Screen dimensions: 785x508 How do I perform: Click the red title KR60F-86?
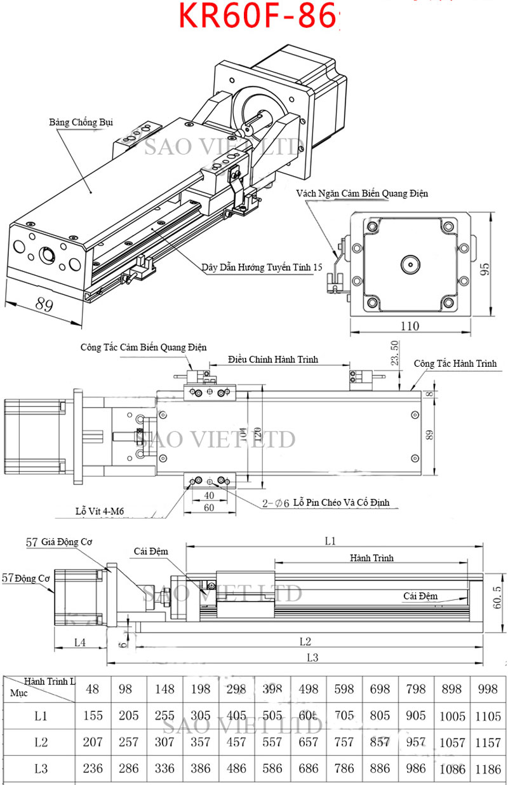(x=257, y=16)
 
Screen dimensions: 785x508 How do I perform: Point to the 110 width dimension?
(x=410, y=326)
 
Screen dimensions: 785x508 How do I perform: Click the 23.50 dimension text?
(x=394, y=353)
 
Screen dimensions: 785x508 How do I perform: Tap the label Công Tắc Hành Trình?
(x=455, y=364)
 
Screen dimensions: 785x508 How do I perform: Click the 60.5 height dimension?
(x=497, y=597)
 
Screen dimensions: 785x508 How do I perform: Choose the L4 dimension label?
(x=79, y=642)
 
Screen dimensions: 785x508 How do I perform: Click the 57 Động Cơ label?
(x=25, y=578)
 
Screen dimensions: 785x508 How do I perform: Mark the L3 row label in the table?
(x=41, y=768)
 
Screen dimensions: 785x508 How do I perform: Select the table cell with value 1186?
(x=488, y=768)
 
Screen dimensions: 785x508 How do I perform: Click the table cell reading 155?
(x=93, y=716)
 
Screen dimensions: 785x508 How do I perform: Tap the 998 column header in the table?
(x=488, y=688)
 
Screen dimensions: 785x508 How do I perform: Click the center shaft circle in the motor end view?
(x=410, y=264)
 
